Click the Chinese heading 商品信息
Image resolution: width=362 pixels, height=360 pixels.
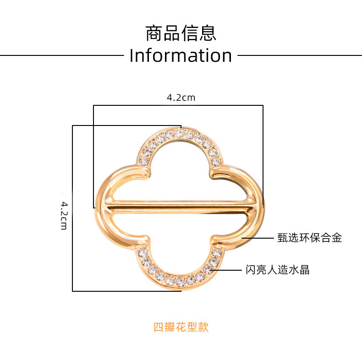[181, 33]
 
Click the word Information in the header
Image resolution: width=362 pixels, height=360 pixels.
[181, 56]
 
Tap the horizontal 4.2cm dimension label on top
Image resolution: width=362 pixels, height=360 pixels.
[181, 97]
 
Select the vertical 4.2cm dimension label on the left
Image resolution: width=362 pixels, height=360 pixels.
[64, 213]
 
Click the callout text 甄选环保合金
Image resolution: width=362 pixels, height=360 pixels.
[309, 238]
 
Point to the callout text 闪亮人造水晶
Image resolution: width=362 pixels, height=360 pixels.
[278, 270]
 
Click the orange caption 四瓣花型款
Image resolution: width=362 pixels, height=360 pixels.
[181, 327]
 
